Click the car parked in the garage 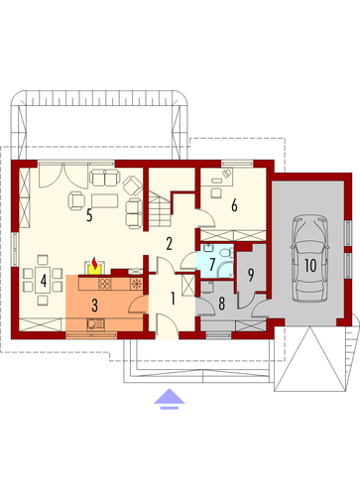coord(310,258)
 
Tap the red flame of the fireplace coord(95,264)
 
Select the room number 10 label coord(310,265)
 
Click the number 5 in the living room coord(89,215)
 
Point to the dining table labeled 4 coord(43,280)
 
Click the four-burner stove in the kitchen coord(105,284)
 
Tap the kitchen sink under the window coord(95,324)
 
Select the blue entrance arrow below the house coord(169,399)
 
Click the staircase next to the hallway coord(160,208)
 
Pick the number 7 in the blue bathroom coord(212,265)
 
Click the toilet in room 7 coord(227,252)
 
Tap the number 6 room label coord(234,205)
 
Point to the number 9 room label coord(251,275)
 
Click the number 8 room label coord(221,304)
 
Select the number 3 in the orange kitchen coord(94,306)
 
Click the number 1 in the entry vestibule coord(173,299)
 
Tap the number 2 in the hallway coord(169,244)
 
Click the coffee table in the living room coord(105,200)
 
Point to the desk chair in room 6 coord(216,192)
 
